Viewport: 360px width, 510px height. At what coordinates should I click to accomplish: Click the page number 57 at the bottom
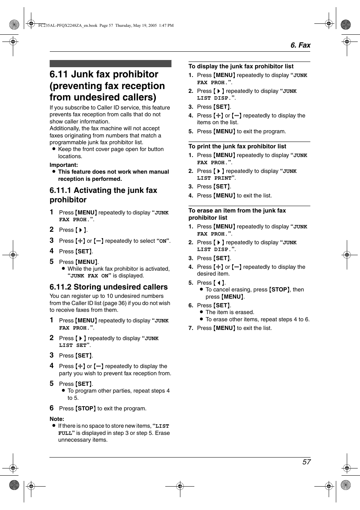[306, 462]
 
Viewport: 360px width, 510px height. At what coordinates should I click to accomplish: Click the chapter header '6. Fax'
[300, 45]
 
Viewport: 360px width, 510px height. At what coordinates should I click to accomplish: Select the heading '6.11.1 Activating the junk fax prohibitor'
[103, 195]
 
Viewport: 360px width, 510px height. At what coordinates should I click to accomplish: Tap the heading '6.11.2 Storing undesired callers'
[108, 287]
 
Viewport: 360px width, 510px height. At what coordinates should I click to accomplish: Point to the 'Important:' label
[64, 165]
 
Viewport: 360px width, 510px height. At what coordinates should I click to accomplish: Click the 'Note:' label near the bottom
[57, 419]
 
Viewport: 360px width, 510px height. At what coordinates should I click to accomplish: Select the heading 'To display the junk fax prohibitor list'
[241, 66]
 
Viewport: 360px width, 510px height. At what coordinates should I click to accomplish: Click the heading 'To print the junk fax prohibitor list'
[237, 146]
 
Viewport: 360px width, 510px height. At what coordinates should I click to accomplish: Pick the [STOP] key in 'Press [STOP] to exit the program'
[86, 408]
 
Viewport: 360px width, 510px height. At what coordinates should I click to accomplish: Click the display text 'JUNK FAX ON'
[89, 276]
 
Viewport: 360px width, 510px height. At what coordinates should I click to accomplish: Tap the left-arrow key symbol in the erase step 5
[219, 283]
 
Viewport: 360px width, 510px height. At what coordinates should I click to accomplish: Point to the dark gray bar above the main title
[110, 64]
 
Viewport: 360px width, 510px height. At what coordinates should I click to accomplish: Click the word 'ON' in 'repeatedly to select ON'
[163, 241]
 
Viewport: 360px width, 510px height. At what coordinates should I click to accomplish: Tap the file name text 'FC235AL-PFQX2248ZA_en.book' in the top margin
[68, 26]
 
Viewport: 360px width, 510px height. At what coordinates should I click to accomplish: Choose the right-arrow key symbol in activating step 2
[81, 230]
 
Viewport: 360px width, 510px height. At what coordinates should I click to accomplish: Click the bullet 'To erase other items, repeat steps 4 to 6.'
[257, 319]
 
